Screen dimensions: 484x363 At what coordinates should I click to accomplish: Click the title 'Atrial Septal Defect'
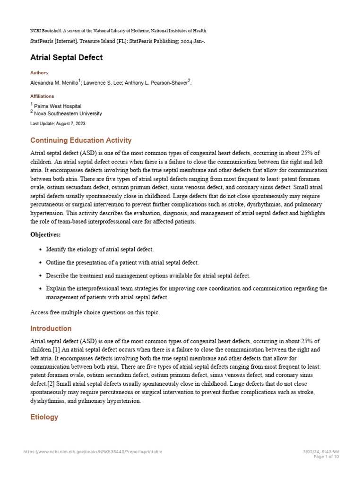coord(66,58)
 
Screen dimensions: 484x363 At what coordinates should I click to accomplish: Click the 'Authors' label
coord(39,73)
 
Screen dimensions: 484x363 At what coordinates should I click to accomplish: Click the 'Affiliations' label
coord(42,96)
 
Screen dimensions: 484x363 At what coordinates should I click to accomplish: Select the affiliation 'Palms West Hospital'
coord(58,106)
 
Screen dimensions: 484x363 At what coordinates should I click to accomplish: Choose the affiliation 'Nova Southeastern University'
coord(68,113)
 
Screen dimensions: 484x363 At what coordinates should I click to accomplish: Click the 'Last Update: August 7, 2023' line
coord(58,123)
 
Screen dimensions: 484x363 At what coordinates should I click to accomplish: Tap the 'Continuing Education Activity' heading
coord(81,140)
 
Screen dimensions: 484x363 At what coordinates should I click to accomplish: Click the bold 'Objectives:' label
coord(45,234)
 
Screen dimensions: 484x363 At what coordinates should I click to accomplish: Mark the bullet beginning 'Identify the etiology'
coord(100,249)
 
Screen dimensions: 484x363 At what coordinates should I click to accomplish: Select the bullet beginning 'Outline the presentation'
coord(122,262)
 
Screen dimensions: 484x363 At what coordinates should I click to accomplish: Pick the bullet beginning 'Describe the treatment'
coord(148,276)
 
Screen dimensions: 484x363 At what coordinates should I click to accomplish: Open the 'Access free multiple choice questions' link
coord(95,312)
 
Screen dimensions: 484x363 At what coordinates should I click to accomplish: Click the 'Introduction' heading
coord(51,328)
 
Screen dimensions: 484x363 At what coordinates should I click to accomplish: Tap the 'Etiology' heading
coord(44,417)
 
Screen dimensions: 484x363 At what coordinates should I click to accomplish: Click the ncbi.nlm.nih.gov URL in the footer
coord(93,452)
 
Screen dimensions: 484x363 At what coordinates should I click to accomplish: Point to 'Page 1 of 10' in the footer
coord(326,457)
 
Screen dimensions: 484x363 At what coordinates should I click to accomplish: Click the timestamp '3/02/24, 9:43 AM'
coord(321,452)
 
